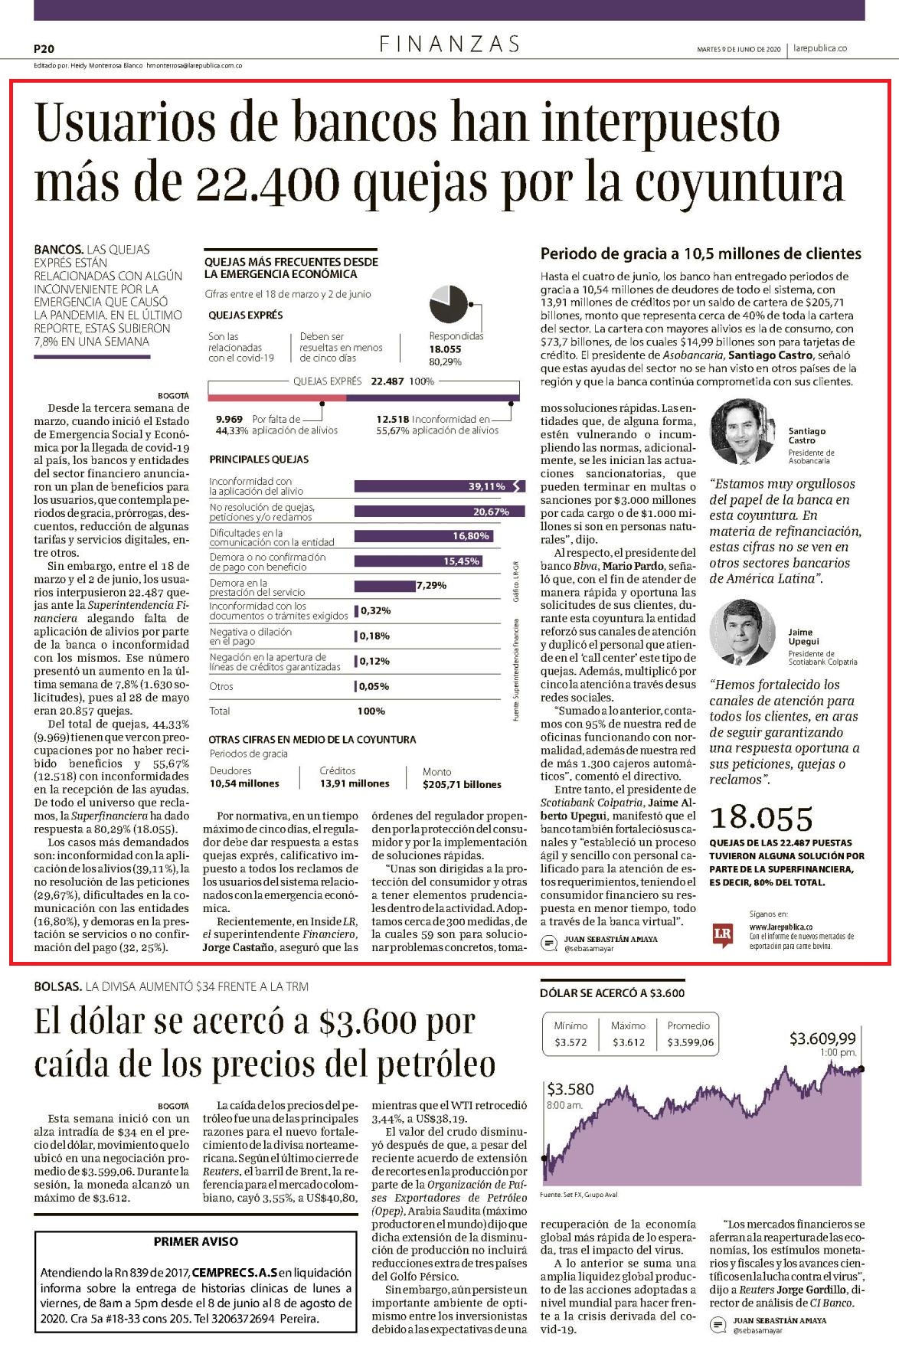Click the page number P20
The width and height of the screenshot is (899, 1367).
tap(44, 47)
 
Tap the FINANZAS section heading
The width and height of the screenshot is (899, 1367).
tap(450, 44)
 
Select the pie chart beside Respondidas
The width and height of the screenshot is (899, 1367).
tap(449, 306)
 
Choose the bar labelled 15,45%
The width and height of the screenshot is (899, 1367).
tap(418, 561)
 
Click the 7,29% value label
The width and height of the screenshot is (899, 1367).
tap(431, 586)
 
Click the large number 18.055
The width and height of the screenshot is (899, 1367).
tap(762, 819)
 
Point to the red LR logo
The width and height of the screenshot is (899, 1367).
tap(722, 935)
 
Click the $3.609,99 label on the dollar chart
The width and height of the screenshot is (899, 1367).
tap(823, 1038)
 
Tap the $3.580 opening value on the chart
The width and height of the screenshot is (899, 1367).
tap(570, 1089)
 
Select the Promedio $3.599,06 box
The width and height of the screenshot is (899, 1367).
tap(688, 1034)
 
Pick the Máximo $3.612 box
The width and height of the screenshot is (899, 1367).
tap(628, 1034)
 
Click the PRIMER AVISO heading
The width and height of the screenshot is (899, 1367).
tap(196, 1241)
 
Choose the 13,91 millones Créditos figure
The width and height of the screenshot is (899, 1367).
tap(355, 783)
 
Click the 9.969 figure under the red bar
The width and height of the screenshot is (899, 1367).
tap(230, 419)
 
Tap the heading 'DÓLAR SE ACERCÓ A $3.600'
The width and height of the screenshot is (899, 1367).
tap(613, 993)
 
